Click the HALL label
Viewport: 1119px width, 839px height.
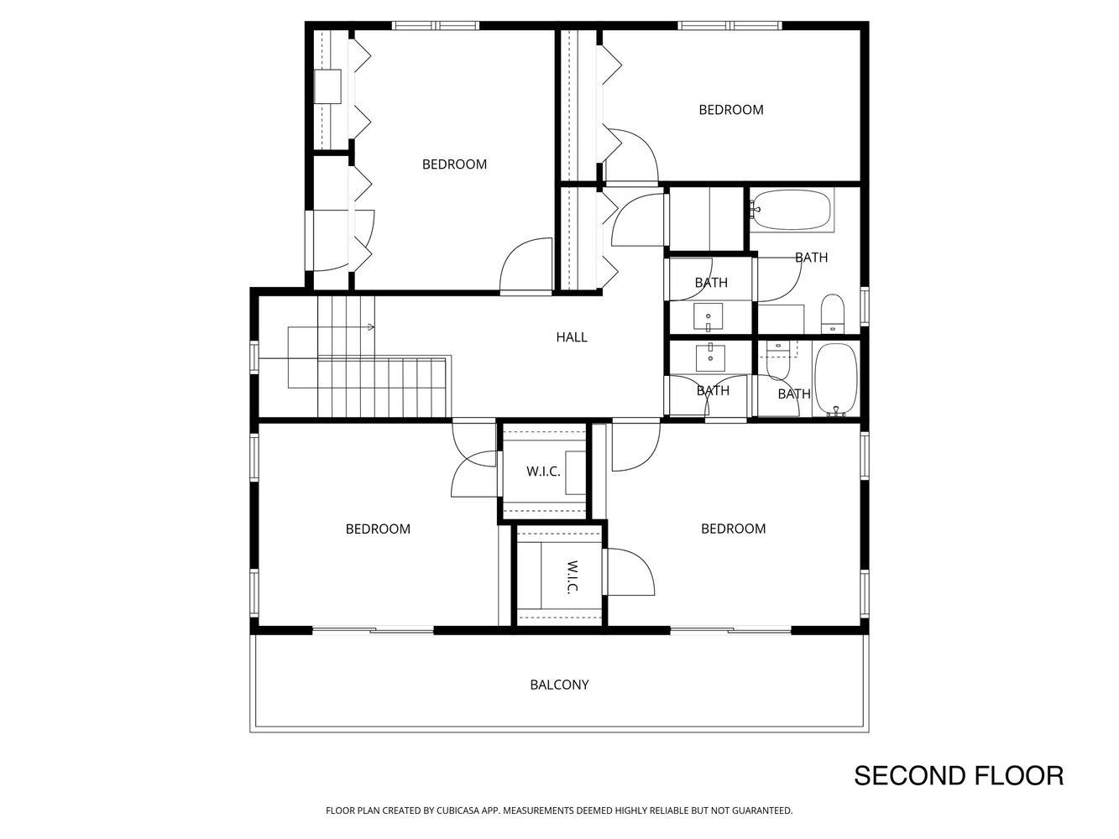571,337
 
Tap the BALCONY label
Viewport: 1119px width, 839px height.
559,685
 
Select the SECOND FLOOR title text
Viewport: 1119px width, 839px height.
958,775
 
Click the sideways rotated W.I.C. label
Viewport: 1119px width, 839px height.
572,576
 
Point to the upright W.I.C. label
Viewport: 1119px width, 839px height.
543,472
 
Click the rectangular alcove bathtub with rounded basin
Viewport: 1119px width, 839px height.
792,210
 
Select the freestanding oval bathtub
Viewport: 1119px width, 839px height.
835,379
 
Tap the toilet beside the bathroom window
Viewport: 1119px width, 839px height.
832,312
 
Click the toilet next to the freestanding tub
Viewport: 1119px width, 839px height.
777,362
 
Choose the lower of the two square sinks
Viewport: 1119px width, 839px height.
711,356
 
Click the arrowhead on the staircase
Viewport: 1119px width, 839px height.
370,327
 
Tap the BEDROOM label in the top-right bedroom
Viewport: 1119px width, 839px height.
731,110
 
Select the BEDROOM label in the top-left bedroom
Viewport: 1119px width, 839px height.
454,164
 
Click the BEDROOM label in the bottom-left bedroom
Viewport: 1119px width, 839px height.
378,529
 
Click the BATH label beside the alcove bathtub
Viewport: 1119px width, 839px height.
811,258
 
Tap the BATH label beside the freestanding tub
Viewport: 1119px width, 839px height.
794,393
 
